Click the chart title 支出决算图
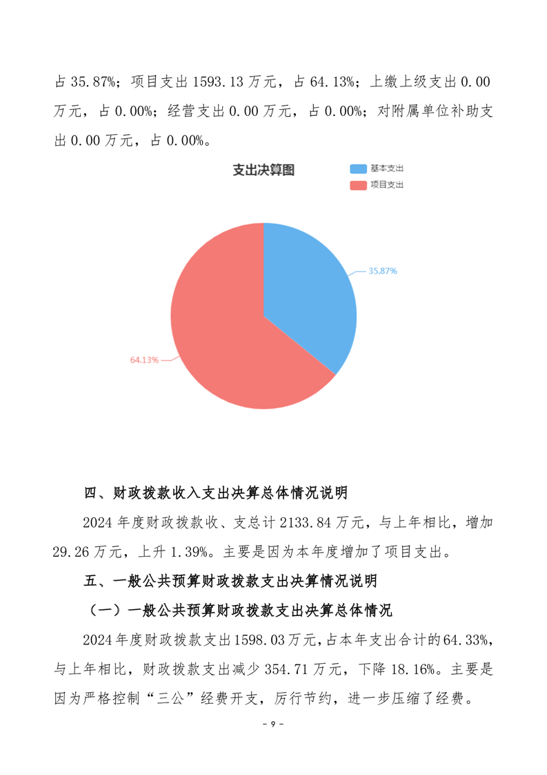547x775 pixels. [x=263, y=171]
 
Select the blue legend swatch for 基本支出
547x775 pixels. [x=358, y=169]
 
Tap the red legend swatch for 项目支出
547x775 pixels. [x=358, y=184]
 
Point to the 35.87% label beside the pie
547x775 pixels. [x=382, y=271]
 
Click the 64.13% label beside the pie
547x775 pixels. [x=144, y=360]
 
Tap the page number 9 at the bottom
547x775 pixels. [x=273, y=724]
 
